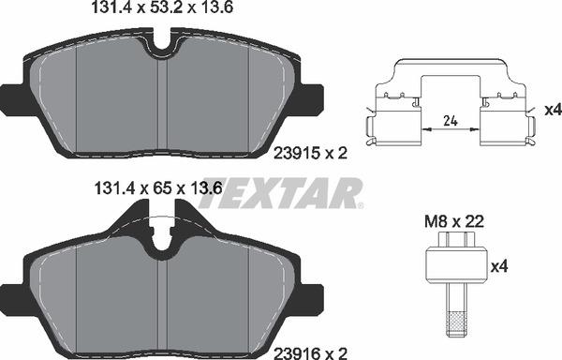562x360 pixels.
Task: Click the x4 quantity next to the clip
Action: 551,111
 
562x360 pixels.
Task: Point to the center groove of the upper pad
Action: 166,103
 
